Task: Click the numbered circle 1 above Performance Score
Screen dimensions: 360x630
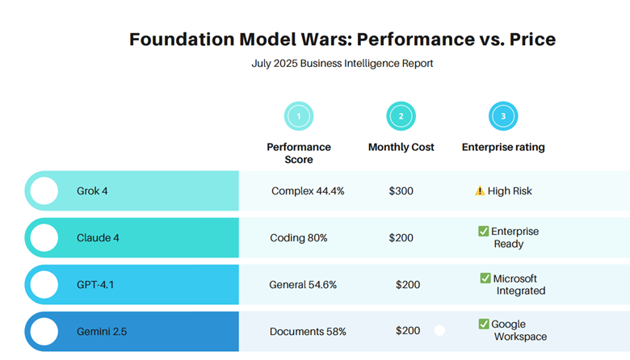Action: point(299,116)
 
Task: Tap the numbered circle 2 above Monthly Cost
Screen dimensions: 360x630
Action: point(401,116)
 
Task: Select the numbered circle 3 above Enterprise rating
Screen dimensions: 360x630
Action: point(503,116)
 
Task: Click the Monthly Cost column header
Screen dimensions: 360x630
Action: point(401,147)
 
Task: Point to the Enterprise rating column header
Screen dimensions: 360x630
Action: point(503,147)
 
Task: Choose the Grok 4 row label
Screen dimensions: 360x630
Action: point(92,191)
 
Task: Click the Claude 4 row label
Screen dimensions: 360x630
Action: point(98,237)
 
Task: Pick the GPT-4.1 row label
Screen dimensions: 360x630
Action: point(96,284)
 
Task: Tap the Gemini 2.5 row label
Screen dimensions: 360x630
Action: point(102,331)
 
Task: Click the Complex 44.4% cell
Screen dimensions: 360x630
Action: point(308,191)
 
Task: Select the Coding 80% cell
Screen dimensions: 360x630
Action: point(299,237)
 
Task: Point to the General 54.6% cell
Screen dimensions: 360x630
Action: point(303,284)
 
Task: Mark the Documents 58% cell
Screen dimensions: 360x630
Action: point(308,331)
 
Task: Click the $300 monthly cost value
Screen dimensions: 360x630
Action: point(401,191)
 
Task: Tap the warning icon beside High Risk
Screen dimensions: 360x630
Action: point(480,191)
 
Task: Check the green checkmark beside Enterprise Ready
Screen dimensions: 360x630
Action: point(483,232)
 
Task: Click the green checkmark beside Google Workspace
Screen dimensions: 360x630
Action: point(483,324)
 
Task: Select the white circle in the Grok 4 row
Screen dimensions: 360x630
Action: point(44,191)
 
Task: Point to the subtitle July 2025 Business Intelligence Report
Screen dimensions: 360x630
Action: point(342,63)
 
